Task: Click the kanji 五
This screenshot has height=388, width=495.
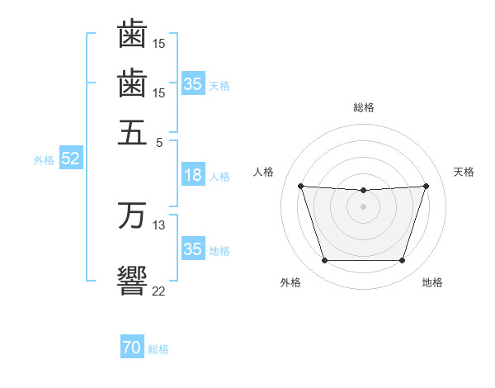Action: point(132,131)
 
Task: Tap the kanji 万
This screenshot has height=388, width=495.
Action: point(132,215)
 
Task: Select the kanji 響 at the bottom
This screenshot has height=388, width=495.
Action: point(132,279)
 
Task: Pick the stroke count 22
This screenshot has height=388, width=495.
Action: point(159,291)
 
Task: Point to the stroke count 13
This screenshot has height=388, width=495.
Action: point(159,225)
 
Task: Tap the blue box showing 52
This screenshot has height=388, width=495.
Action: point(70,159)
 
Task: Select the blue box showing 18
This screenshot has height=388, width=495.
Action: point(192,175)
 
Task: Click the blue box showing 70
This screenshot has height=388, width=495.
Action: point(131,348)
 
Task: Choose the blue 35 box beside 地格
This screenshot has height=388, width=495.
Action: point(192,249)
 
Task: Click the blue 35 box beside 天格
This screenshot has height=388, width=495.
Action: point(192,84)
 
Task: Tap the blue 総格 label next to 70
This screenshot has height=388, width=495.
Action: point(158,349)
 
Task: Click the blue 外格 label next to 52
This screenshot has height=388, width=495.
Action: point(43,160)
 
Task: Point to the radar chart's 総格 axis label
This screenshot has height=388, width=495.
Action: point(363,107)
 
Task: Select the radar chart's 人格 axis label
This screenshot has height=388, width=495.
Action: point(264,172)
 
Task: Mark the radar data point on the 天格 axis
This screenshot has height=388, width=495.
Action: point(426,186)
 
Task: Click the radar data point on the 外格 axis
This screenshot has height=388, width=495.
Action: point(324,261)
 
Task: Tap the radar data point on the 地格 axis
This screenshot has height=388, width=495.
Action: point(402,261)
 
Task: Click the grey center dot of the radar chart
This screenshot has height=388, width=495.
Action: point(363,206)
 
